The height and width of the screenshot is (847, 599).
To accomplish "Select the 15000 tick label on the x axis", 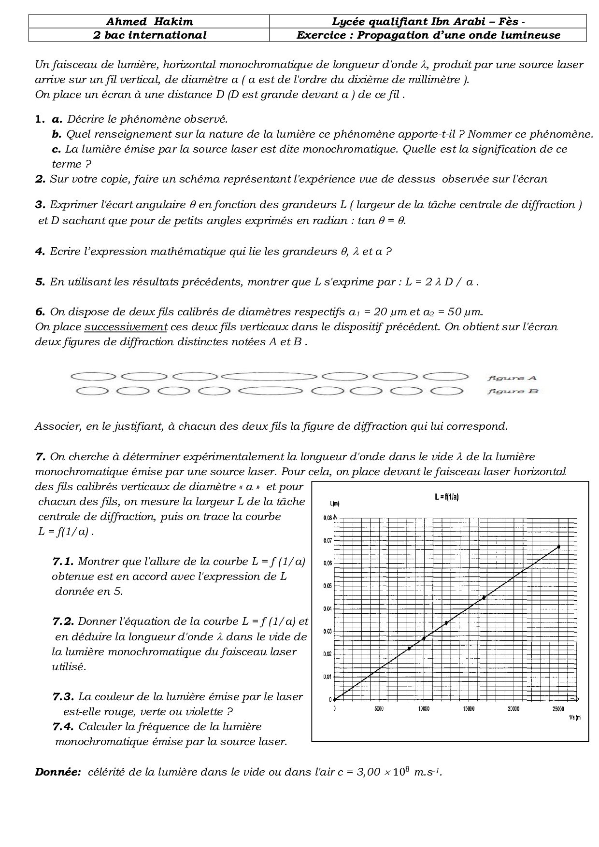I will tap(469, 709).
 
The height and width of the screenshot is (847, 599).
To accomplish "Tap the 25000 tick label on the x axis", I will tap(558, 709).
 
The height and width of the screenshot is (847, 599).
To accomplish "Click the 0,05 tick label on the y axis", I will tap(328, 586).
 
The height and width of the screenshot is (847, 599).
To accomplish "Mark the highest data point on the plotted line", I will tap(558, 547).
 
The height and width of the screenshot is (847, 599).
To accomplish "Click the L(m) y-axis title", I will tap(334, 503).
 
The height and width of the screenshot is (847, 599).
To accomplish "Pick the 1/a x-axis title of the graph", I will tap(574, 718).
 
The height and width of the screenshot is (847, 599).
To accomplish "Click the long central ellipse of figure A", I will tap(270, 376).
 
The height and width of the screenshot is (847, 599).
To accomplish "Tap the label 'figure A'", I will tap(512, 378).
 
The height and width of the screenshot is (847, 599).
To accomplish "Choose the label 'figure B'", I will tap(513, 391).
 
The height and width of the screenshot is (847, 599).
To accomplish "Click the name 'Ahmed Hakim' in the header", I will tap(149, 21).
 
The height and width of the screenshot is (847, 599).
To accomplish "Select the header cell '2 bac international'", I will tap(149, 35).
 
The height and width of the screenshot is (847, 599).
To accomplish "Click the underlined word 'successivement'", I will tap(126, 326).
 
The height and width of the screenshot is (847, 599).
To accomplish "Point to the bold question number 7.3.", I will tap(63, 696).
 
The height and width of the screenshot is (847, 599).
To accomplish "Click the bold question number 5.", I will tap(40, 282).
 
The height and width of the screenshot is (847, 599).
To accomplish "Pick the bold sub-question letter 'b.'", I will tap(57, 134).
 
